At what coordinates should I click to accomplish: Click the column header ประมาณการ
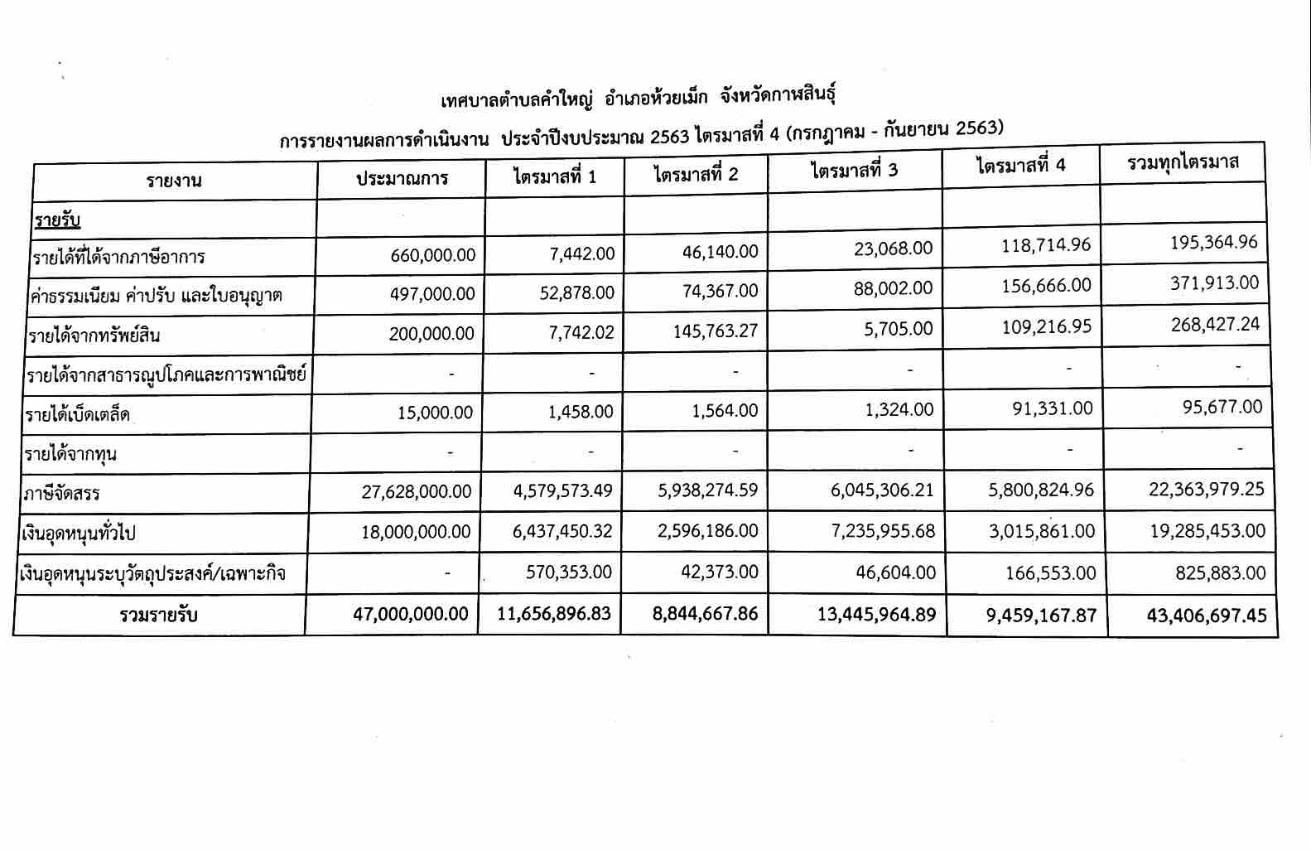point(402,178)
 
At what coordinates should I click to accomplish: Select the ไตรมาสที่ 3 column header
point(854,171)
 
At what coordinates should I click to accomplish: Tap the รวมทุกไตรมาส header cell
point(1183,162)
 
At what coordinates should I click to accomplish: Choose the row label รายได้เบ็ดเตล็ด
point(78,414)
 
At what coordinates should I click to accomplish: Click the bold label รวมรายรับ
point(158,616)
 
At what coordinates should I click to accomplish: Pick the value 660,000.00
point(433,255)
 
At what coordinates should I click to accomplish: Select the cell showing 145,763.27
point(706,331)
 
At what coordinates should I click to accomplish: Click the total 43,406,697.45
point(1207,616)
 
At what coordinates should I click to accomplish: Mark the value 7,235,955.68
point(882,531)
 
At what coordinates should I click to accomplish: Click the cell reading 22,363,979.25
point(1206,490)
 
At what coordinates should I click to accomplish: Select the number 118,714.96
point(1046,245)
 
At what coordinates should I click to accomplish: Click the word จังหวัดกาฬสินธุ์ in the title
point(778,96)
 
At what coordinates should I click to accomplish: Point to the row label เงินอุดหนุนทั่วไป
point(80,533)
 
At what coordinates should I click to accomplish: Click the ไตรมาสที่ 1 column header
point(554,177)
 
